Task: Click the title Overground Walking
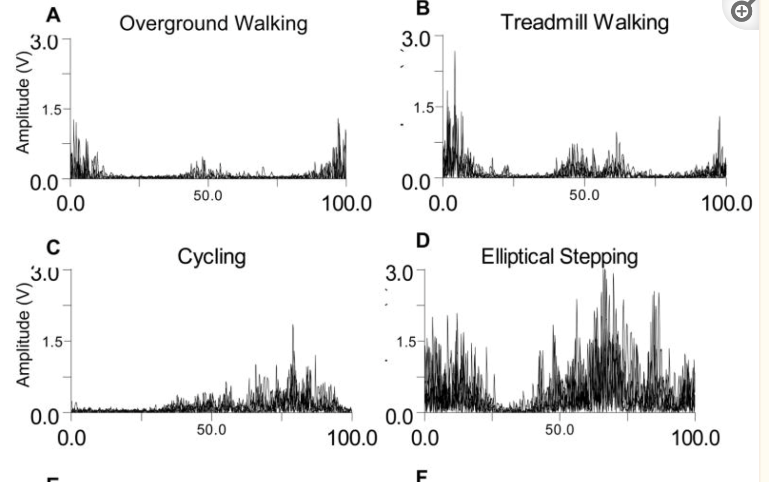213,23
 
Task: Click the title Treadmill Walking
584,22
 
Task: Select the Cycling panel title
211,256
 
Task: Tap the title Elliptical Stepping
559,256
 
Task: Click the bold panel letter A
53,16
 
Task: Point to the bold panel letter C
53,248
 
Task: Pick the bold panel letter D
422,241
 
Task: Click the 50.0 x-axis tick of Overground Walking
208,196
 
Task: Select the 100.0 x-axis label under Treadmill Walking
726,204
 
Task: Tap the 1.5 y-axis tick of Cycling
52,342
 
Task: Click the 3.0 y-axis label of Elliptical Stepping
399,273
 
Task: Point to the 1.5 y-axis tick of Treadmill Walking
423,108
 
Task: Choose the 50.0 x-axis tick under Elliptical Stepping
559,429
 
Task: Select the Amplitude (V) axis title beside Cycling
23,334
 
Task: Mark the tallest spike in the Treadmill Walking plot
454,52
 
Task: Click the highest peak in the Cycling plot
293,325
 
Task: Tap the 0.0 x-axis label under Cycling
71,438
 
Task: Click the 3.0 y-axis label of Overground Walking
44,42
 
